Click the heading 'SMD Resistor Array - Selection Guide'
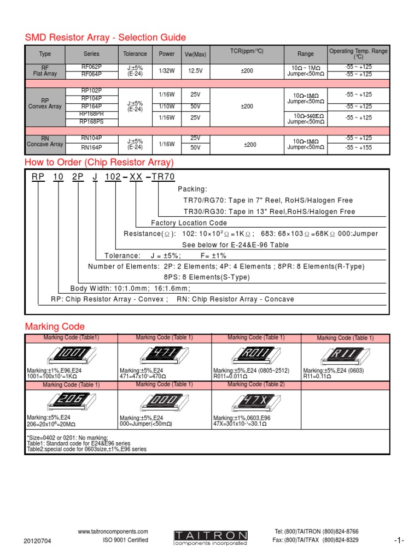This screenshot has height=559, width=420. tap(106, 38)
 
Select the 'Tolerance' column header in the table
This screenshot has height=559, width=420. tap(135, 54)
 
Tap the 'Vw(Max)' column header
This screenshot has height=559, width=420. tap(195, 54)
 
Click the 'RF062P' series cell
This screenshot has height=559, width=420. tap(91, 67)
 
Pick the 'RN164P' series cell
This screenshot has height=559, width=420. tap(91, 147)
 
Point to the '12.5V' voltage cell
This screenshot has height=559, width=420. tap(195, 70)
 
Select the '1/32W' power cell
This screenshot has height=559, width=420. tap(167, 70)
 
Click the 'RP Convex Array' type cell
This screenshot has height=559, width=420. tap(45, 104)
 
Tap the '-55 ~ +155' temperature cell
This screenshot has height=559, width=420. tap(358, 147)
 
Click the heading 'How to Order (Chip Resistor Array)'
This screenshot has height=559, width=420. tap(99, 163)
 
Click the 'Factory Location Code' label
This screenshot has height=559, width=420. tap(189, 223)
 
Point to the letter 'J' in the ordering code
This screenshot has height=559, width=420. tap(95, 177)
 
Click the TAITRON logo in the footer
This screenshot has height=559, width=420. tap(211, 537)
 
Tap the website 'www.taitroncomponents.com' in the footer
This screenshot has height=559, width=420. tap(113, 531)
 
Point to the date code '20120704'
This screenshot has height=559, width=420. tap(38, 541)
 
